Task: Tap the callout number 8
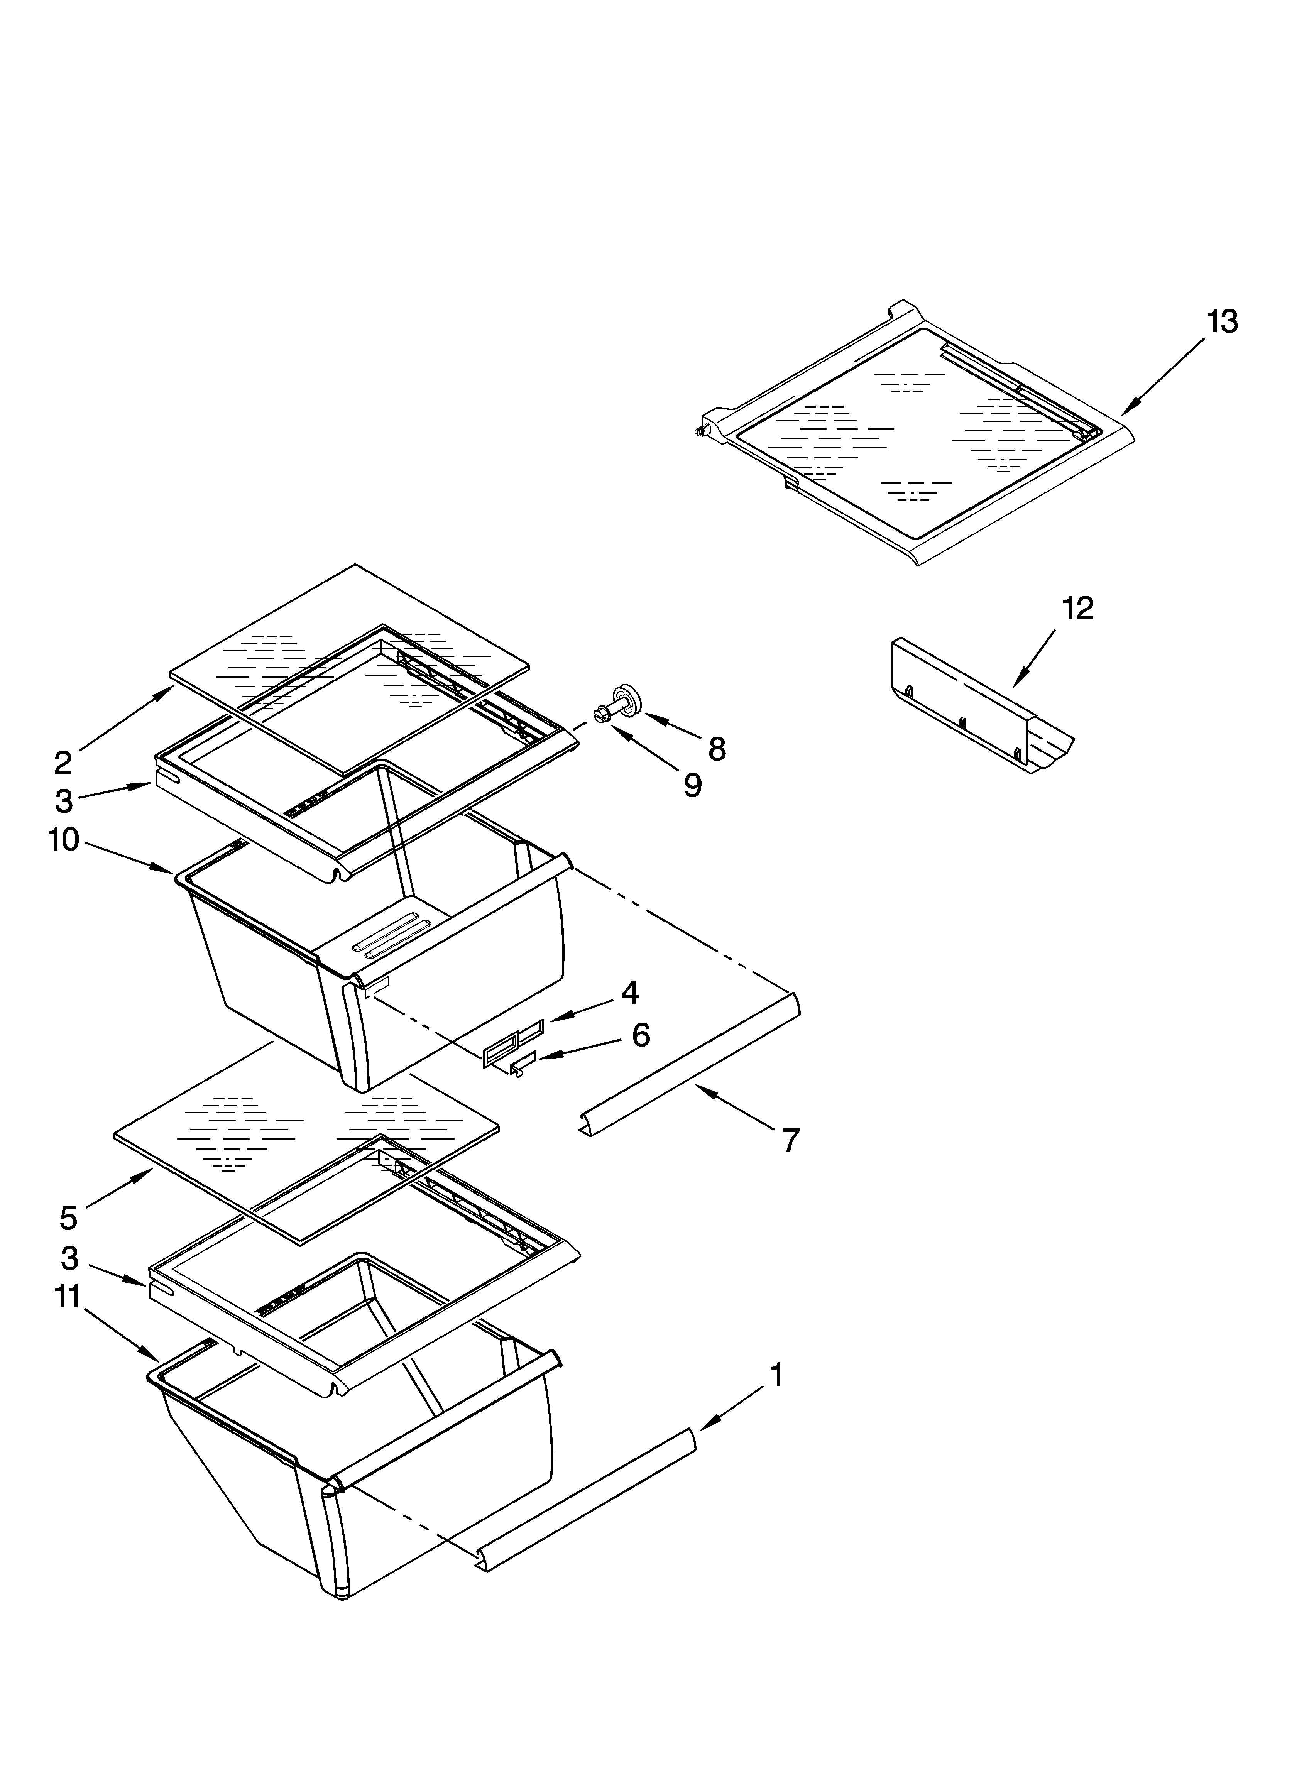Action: point(716,750)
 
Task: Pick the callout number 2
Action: point(63,762)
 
